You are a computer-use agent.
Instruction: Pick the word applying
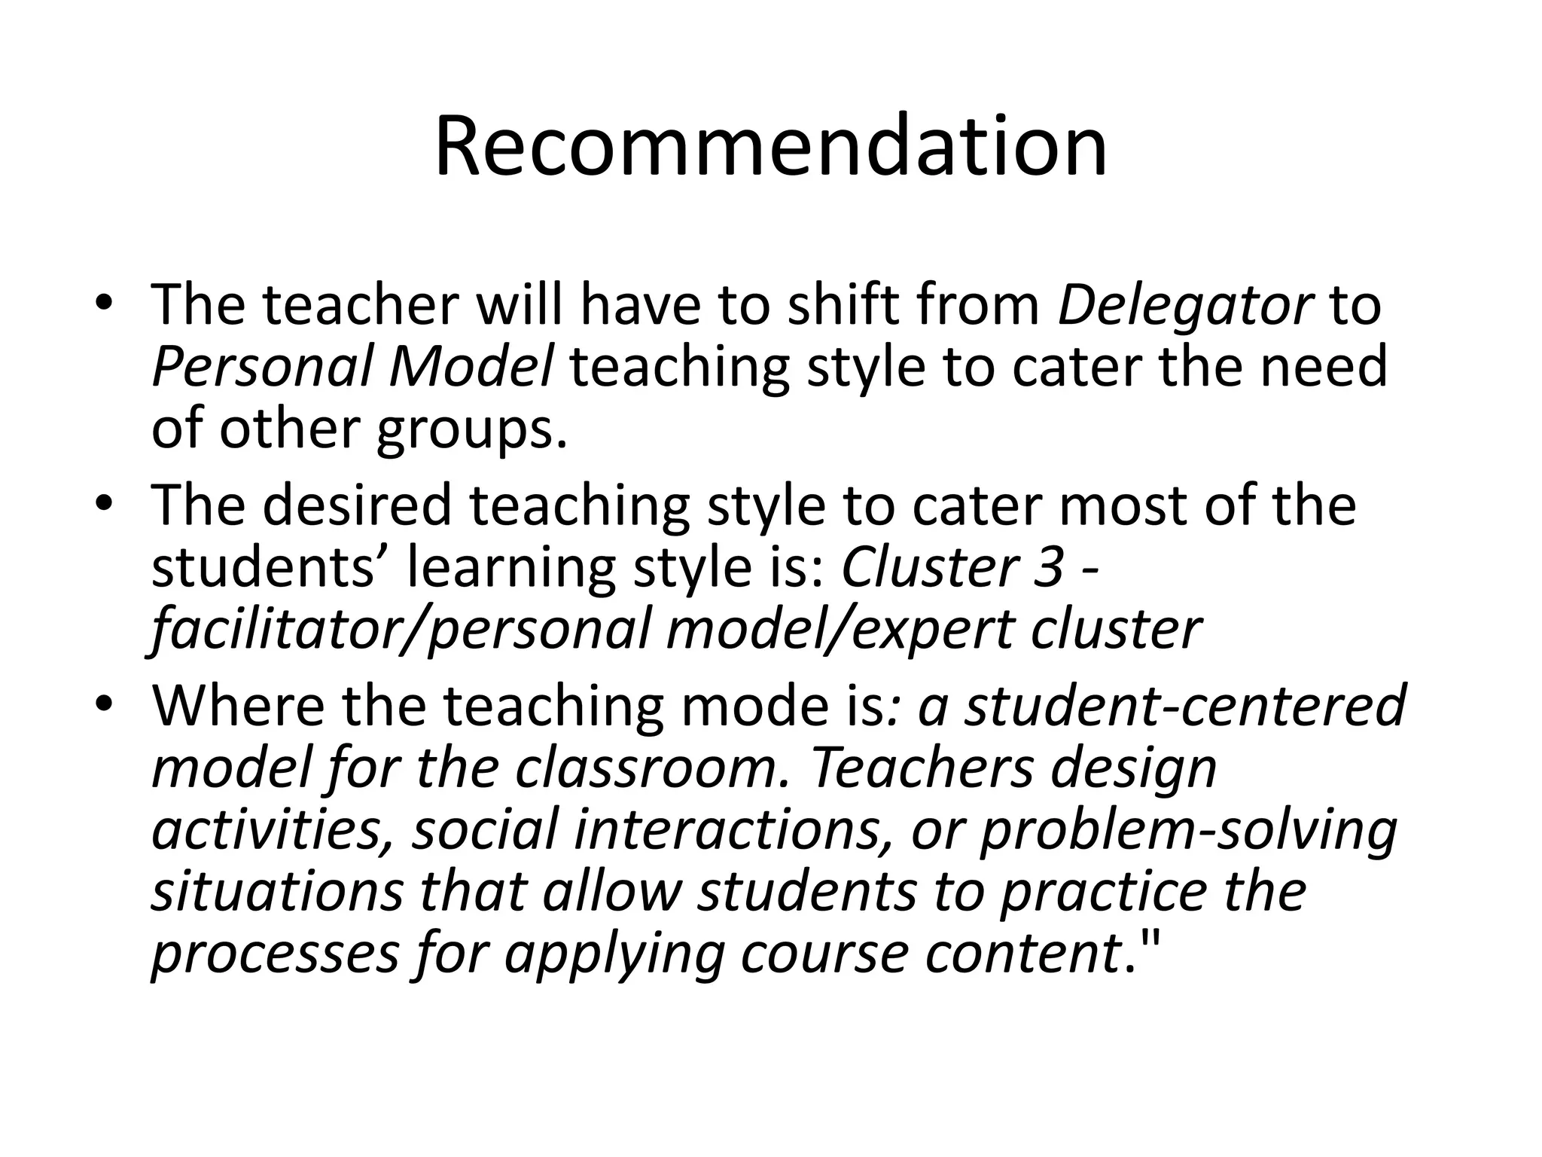(614, 955)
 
